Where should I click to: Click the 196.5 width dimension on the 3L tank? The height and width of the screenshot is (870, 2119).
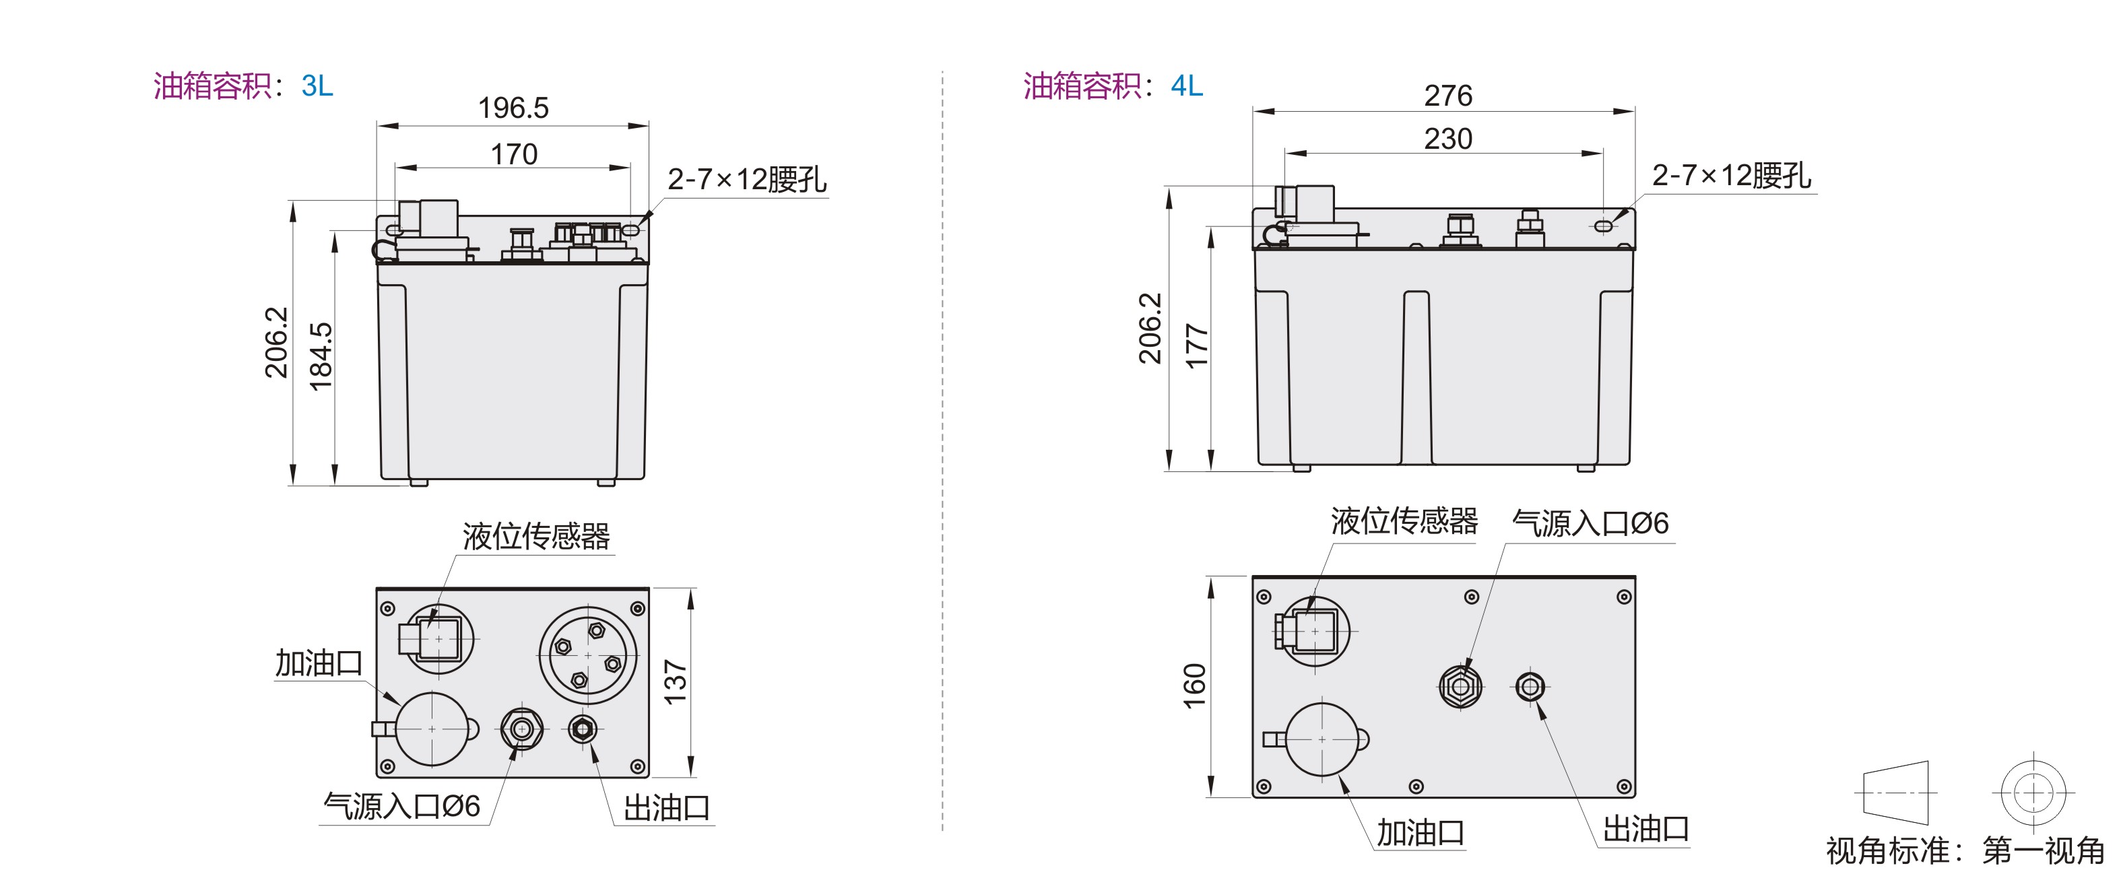[513, 108]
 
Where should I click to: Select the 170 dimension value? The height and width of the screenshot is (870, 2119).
[514, 154]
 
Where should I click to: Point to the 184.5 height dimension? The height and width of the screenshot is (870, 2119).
[321, 356]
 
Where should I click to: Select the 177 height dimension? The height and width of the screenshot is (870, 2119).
[1197, 346]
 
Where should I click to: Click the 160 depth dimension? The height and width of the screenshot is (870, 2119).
[1194, 685]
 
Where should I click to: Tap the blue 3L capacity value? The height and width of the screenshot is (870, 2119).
[317, 86]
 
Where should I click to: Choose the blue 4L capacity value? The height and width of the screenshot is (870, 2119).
[1187, 86]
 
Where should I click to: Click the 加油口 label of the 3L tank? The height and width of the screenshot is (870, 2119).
[319, 663]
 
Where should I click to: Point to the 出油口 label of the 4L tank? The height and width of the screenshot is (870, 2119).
[1646, 829]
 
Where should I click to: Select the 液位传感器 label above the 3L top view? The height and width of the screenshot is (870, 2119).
[536, 536]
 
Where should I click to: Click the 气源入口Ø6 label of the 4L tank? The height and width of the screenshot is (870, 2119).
[1591, 523]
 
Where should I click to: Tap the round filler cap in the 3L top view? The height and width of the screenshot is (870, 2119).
[432, 729]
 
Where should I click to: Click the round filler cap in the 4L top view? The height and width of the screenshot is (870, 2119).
[1322, 739]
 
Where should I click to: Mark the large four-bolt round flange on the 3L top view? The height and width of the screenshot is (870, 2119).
[587, 655]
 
